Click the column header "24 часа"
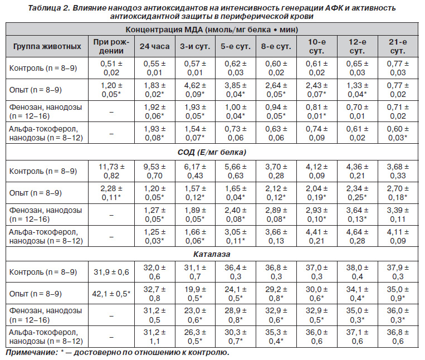click(154, 46)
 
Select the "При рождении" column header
click(111, 46)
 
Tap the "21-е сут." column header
click(398, 46)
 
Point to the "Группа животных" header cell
click(47, 46)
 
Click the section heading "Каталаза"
click(212, 254)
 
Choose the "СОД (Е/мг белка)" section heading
click(212, 152)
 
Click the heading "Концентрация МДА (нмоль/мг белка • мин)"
click(212, 30)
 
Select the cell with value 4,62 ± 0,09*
click(195, 90)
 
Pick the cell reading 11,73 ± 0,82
click(111, 171)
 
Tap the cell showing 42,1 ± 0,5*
click(111, 294)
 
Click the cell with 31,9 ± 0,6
click(111, 272)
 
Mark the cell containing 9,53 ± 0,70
click(154, 171)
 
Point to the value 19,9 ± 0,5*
click(195, 294)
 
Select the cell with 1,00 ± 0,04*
click(236, 111)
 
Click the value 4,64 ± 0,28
click(357, 236)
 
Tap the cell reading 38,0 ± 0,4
click(357, 272)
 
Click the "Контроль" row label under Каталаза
click(43, 272)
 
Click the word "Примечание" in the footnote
click(31, 352)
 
